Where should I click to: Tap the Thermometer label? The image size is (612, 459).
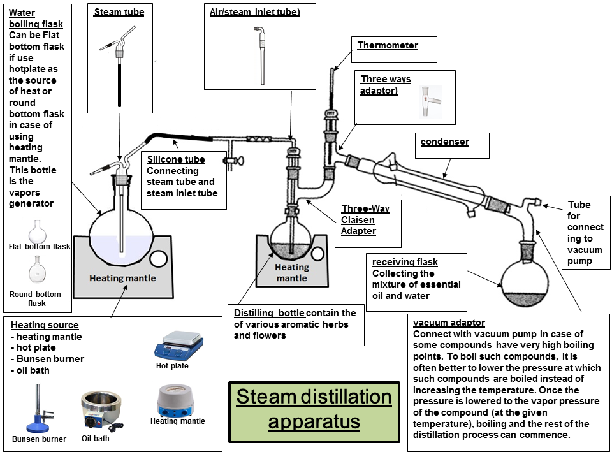tap(388, 45)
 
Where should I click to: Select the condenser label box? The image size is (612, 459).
tap(445, 142)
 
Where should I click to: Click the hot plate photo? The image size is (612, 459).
tap(178, 345)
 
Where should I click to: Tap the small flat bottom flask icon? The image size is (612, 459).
tap(39, 229)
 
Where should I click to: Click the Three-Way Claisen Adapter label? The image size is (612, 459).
tap(365, 219)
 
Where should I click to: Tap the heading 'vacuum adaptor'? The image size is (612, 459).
tap(449, 323)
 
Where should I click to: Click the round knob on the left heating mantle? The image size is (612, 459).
tap(157, 259)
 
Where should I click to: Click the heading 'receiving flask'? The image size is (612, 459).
tap(405, 262)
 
